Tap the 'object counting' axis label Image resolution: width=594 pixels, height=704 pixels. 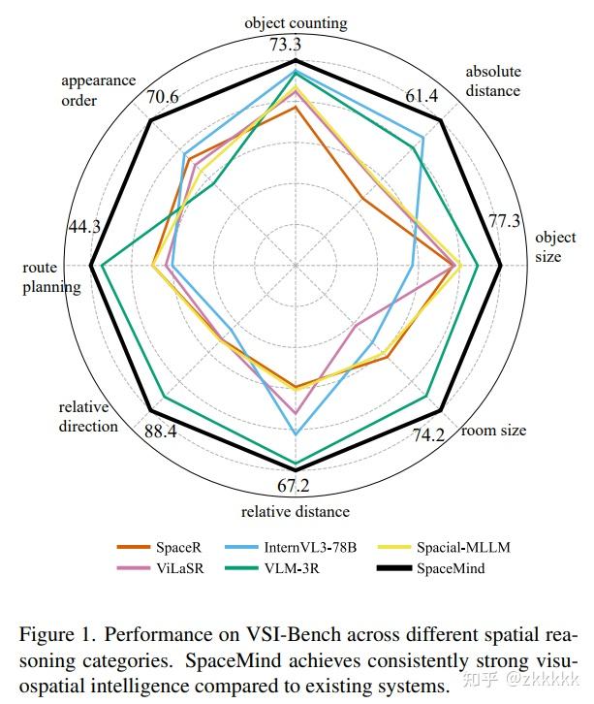296,22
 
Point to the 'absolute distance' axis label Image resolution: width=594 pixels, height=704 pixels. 492,81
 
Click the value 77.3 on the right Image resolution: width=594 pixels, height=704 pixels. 504,221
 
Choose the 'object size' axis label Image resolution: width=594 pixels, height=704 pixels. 554,247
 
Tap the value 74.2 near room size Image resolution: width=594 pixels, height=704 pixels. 427,435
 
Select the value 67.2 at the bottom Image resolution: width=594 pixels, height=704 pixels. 295,486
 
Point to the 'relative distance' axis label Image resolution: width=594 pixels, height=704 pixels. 296,512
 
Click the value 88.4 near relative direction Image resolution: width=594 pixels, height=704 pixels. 160,432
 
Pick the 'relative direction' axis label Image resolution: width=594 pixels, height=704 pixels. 88,417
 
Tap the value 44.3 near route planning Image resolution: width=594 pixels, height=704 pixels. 84,227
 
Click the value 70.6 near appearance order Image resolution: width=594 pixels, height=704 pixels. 162,97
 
